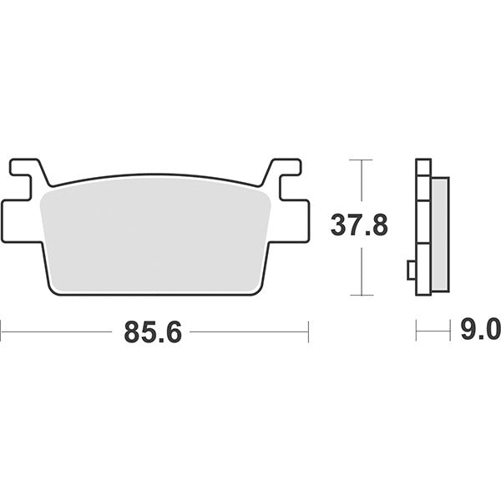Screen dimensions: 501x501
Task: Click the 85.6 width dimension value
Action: coord(153,331)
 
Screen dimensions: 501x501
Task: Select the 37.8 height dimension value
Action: coord(359,225)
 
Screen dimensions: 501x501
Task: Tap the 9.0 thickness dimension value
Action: coord(481,331)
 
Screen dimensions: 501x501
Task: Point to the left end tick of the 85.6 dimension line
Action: coord(2,331)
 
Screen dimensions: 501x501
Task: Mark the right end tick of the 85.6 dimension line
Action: coord(308,331)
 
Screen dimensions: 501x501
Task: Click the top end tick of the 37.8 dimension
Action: coord(361,159)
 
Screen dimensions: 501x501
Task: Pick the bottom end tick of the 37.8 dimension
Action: coord(361,295)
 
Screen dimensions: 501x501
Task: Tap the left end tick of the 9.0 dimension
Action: coord(416,331)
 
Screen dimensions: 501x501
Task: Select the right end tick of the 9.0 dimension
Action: coord(450,331)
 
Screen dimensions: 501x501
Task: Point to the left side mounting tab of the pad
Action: coord(20,220)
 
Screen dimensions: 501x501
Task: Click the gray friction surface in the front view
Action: coord(154,234)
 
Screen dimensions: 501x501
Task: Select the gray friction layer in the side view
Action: coord(440,234)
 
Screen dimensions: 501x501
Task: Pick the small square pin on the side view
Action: coord(411,270)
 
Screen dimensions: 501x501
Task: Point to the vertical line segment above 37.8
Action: coord(361,184)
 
